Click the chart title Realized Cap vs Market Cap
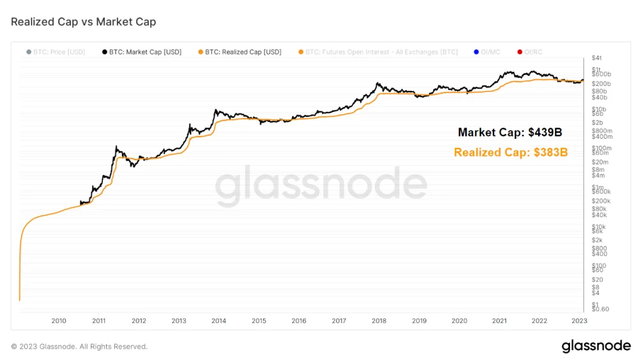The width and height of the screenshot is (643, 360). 84,22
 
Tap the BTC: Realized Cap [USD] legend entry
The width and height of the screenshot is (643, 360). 239,52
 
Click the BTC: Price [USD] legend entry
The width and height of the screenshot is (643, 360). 57,52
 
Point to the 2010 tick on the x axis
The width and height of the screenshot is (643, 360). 59,321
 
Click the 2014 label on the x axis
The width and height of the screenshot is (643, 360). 219,321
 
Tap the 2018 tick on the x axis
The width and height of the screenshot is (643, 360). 379,321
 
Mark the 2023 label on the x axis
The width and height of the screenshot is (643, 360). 579,321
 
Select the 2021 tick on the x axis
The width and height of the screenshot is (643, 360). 499,321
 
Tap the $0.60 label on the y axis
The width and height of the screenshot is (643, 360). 600,309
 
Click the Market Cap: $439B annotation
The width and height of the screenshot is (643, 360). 509,133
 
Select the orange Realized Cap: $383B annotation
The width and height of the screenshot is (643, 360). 511,152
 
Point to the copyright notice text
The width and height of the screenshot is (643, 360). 79,346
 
